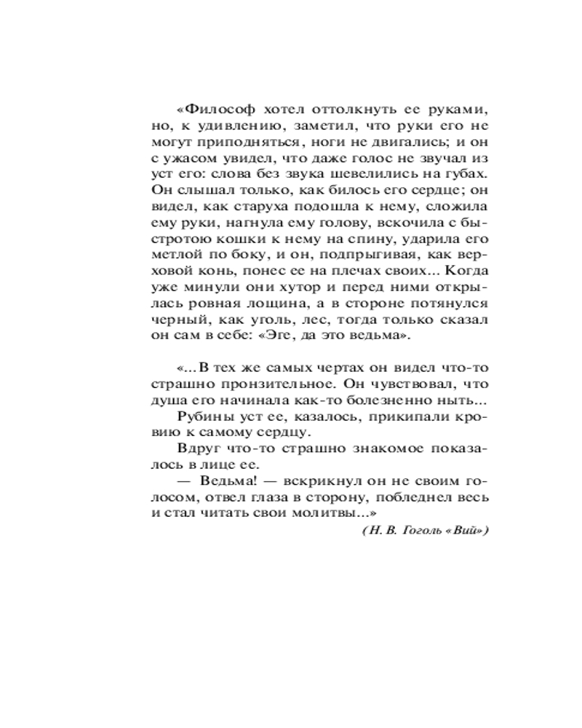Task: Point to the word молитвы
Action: (x=320, y=513)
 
